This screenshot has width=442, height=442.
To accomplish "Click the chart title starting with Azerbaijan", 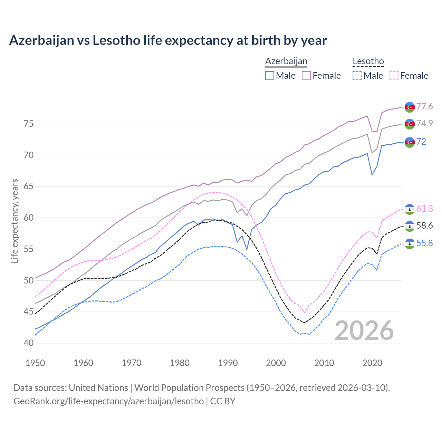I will (x=168, y=40).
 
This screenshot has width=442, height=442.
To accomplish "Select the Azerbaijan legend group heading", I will (x=286, y=61).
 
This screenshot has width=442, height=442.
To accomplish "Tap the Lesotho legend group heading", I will (x=368, y=61).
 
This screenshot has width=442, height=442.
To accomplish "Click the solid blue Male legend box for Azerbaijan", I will (x=270, y=76).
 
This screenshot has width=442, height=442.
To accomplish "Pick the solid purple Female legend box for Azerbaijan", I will (x=307, y=76).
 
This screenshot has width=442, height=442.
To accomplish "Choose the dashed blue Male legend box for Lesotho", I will (x=357, y=76).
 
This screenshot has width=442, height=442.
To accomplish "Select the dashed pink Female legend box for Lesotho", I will (x=394, y=76).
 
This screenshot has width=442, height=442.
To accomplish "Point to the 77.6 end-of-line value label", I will (x=424, y=106).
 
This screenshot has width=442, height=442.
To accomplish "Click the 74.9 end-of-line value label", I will (x=424, y=123).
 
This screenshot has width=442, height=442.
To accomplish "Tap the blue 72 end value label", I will (x=421, y=142).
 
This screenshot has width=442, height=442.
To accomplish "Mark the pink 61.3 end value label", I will (x=424, y=209).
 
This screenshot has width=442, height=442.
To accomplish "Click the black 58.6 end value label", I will (x=424, y=225).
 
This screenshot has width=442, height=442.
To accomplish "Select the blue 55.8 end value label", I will (x=424, y=243).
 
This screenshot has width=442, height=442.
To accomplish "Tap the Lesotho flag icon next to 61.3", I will (x=410, y=209).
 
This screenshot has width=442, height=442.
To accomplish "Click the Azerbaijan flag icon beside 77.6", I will (x=410, y=107).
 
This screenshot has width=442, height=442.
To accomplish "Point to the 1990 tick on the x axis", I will (x=228, y=363).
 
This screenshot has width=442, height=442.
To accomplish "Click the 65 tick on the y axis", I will (x=29, y=186).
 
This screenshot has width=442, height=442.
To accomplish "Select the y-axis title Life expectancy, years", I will (x=15, y=221).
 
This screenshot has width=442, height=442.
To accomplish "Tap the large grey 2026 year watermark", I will (x=364, y=330).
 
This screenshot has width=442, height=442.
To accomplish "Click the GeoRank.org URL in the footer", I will (x=108, y=401).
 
